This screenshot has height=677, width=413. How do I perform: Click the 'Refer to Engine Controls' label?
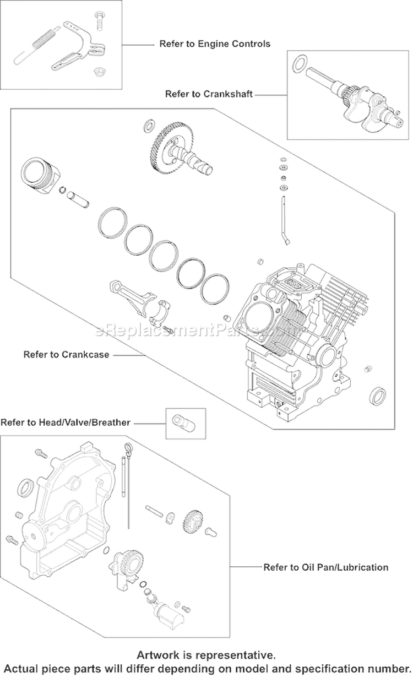pos(215,44)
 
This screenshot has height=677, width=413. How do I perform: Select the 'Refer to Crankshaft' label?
pos(209,94)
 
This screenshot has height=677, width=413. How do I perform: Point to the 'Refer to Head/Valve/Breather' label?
pos(66,423)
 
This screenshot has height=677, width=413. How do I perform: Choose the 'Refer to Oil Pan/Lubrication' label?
pos(325,567)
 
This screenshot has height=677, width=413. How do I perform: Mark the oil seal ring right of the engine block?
pos(377,395)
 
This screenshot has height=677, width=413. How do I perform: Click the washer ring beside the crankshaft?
pos(299,63)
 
